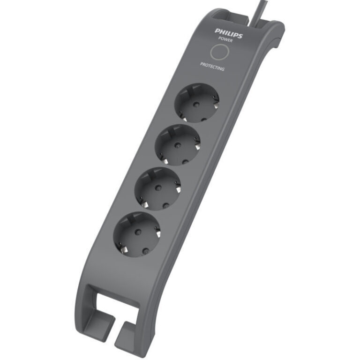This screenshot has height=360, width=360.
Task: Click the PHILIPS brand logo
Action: pos(229,33)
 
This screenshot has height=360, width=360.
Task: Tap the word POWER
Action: pos(225,40)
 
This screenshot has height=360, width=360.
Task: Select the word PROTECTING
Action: pos(212,66)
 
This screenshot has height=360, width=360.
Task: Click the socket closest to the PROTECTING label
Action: pos(197,102)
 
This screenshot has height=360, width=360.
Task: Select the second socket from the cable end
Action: pos(178,144)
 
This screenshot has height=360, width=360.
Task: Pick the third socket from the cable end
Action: pos(158,188)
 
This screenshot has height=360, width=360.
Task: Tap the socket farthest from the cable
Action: pos(136,233)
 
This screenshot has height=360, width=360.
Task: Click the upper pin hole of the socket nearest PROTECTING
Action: pos(197,95)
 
